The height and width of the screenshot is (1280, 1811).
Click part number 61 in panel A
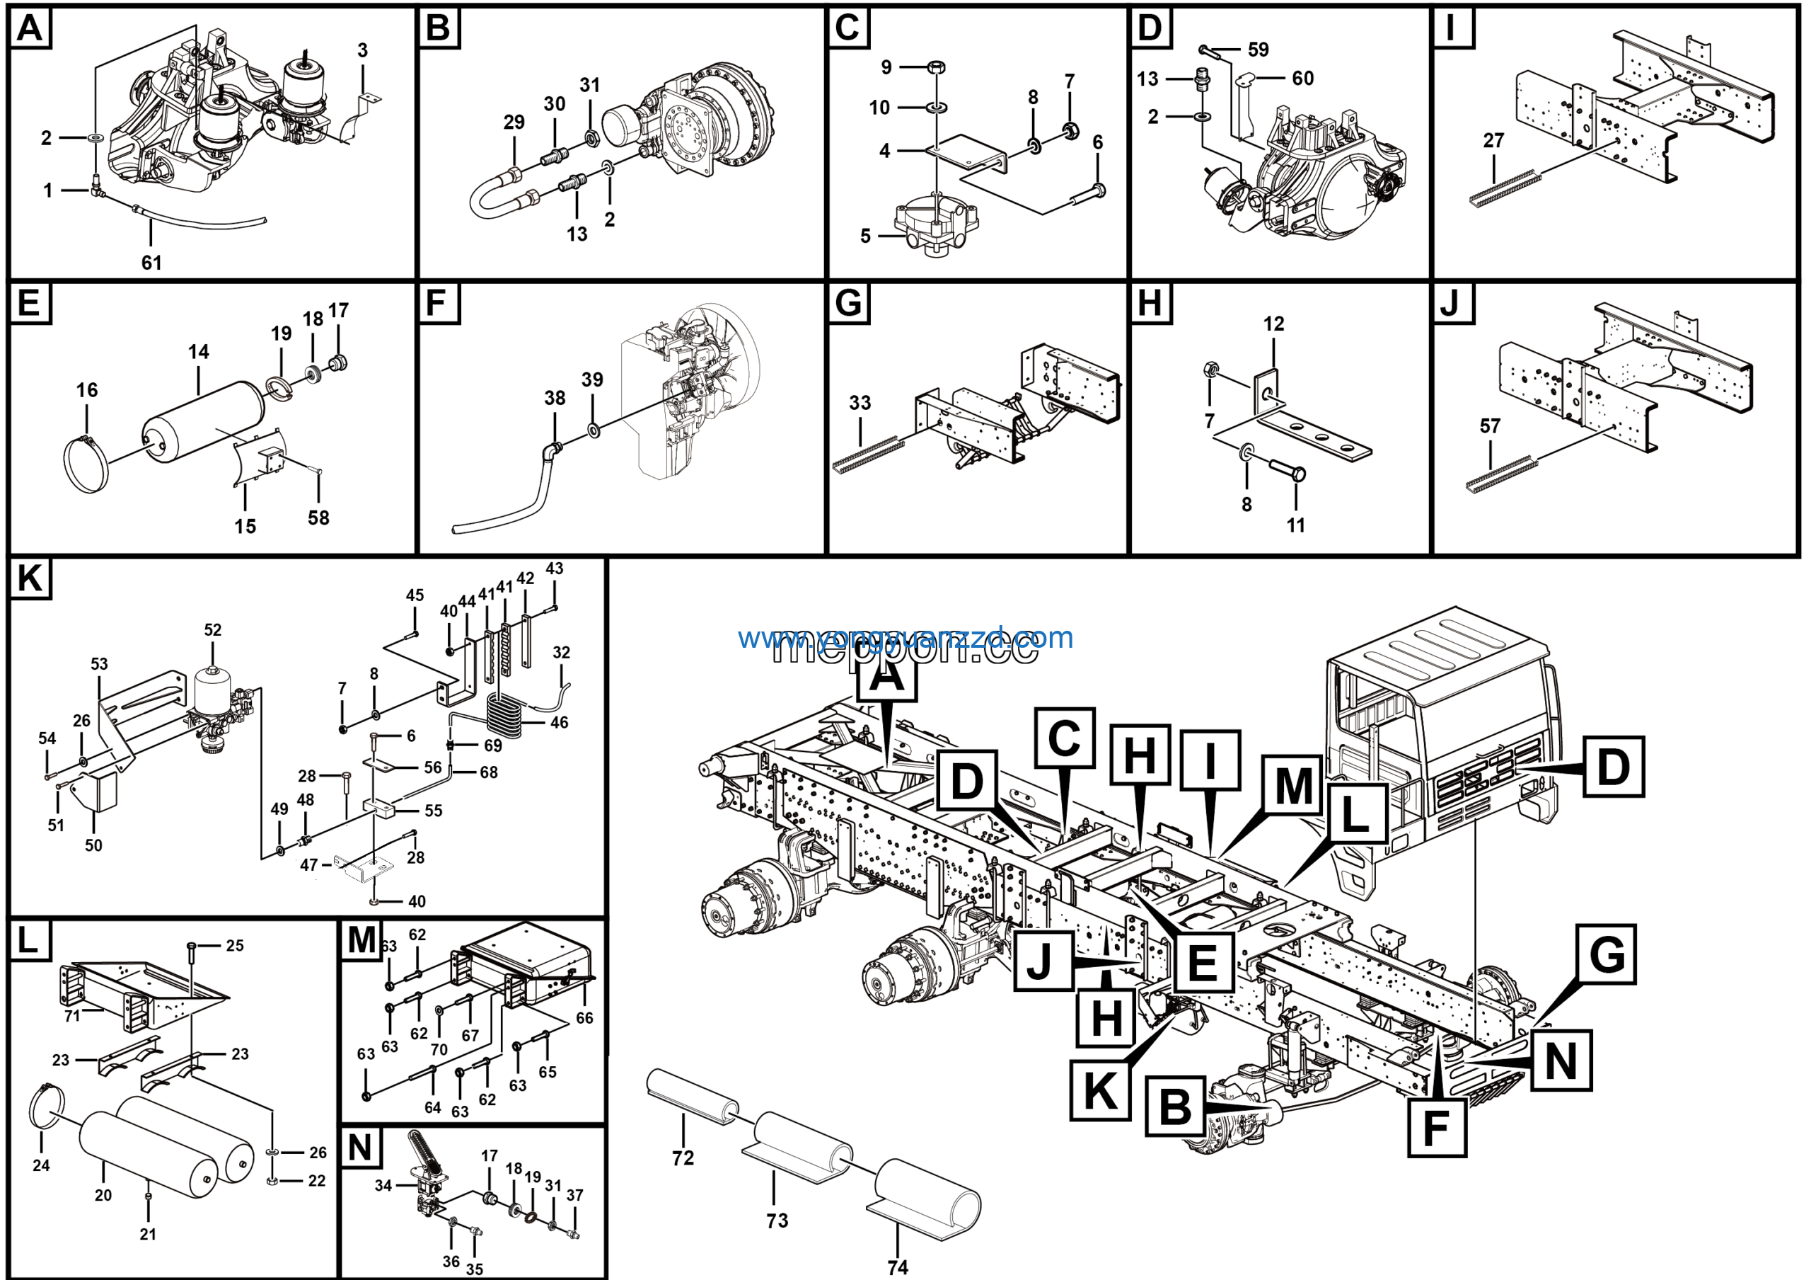151,263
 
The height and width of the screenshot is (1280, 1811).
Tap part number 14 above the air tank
198,352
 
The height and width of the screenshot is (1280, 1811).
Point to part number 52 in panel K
213,630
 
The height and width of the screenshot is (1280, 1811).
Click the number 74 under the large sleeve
898,1267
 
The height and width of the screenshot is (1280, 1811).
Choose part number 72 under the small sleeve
683,1158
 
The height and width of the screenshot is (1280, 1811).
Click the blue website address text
905,638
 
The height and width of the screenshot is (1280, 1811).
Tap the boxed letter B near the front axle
1175,1107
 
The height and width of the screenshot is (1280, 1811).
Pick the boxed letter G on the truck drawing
1607,955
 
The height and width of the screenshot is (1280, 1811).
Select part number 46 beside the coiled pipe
560,722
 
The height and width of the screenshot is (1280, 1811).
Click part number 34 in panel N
383,1186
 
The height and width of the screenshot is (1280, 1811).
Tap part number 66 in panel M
584,1018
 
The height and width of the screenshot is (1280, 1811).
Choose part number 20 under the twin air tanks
103,1196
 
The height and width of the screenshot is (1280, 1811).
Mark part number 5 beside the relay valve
865,236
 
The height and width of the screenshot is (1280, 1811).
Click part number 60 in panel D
1302,78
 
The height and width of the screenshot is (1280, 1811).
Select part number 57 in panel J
1489,426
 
